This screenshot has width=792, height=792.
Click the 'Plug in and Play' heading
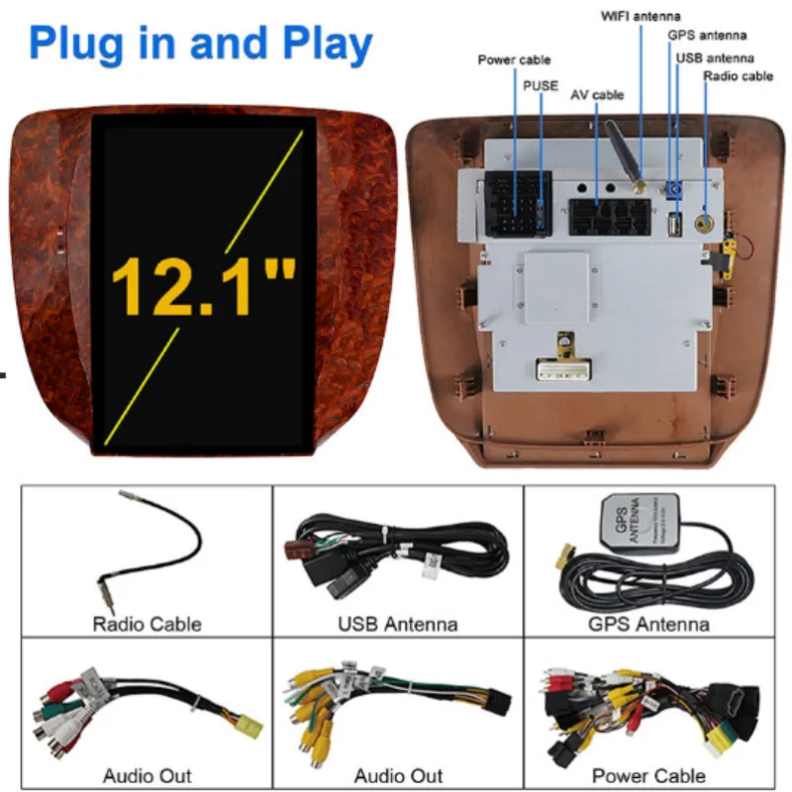[201, 45]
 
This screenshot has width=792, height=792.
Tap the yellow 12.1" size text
[203, 288]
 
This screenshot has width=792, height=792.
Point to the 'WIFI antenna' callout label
[640, 16]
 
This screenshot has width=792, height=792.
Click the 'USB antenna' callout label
[714, 57]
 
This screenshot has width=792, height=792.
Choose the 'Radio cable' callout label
[738, 76]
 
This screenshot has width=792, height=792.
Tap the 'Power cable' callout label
[514, 60]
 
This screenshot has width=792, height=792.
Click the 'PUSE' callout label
[542, 86]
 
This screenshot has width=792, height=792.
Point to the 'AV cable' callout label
[597, 95]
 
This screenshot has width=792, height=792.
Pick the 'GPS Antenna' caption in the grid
[648, 625]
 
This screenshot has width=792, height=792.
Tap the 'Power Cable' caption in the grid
[648, 775]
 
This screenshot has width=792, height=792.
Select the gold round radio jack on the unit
[707, 223]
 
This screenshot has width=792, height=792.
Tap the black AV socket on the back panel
[610, 217]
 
